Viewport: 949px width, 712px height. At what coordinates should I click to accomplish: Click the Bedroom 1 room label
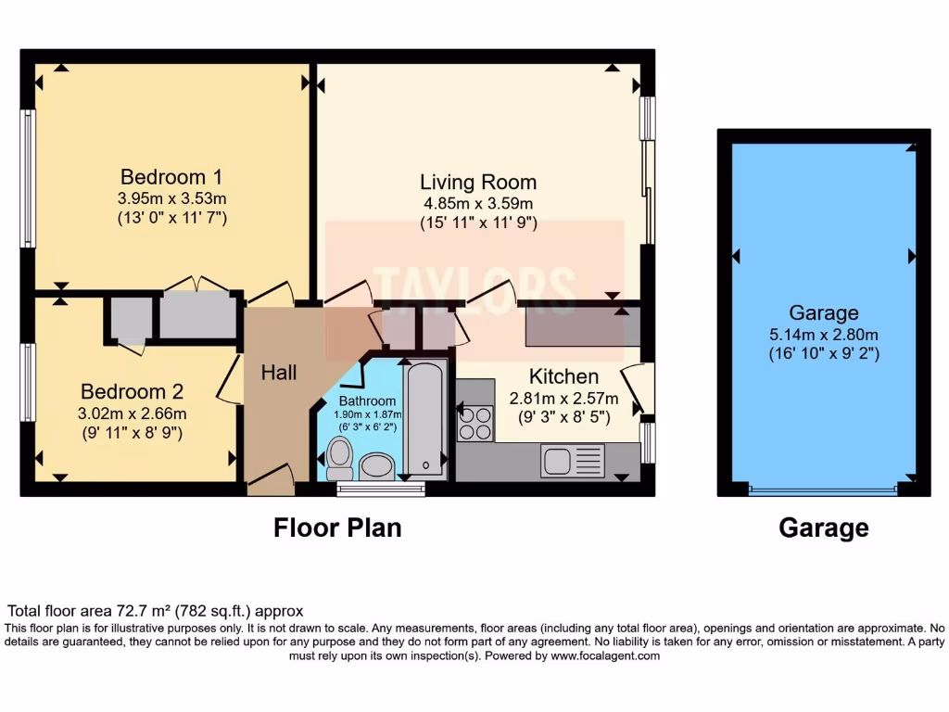171,176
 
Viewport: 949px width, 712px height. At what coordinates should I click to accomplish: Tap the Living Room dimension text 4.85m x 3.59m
478,203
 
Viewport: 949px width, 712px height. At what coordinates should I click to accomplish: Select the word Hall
278,372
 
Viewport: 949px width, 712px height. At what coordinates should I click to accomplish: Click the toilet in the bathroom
340,458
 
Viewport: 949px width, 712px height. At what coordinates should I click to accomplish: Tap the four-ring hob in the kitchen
475,424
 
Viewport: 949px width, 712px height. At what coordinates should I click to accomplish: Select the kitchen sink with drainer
572,461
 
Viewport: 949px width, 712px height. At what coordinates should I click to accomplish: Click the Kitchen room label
563,376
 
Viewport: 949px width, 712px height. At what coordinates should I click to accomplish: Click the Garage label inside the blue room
823,312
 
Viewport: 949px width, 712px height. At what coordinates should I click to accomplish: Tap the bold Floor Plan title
337,528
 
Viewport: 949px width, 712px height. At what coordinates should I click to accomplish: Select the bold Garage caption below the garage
823,528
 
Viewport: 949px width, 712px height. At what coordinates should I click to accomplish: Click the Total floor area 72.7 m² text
155,611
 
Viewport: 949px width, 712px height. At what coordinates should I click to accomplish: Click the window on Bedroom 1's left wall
28,178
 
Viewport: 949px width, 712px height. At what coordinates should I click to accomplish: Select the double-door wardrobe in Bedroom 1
197,314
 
